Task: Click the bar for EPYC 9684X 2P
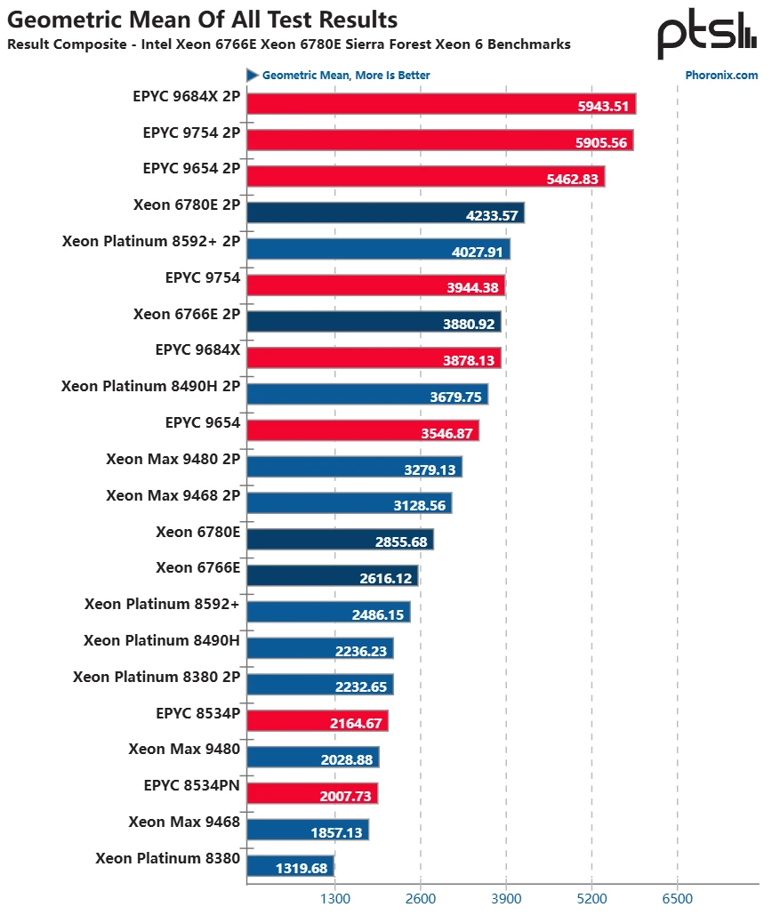tap(440, 104)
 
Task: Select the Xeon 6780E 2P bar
tap(385, 213)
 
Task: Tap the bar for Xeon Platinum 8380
tap(290, 866)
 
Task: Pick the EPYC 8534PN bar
tap(312, 793)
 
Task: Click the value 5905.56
tap(602, 141)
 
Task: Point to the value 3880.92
tap(469, 324)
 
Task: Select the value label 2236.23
tap(361, 651)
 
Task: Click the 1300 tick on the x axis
tap(334, 898)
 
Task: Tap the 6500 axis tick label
tap(678, 898)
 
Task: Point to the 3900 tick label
tap(506, 898)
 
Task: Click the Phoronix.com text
tap(721, 76)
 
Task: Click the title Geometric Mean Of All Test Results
tap(202, 19)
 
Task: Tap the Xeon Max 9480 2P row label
tap(173, 460)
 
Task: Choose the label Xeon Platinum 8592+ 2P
tap(151, 241)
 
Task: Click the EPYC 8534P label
tap(197, 713)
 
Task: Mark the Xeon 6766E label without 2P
tap(197, 568)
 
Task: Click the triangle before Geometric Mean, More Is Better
tap(253, 75)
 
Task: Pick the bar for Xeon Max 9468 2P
tap(349, 503)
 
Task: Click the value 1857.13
tap(337, 832)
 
